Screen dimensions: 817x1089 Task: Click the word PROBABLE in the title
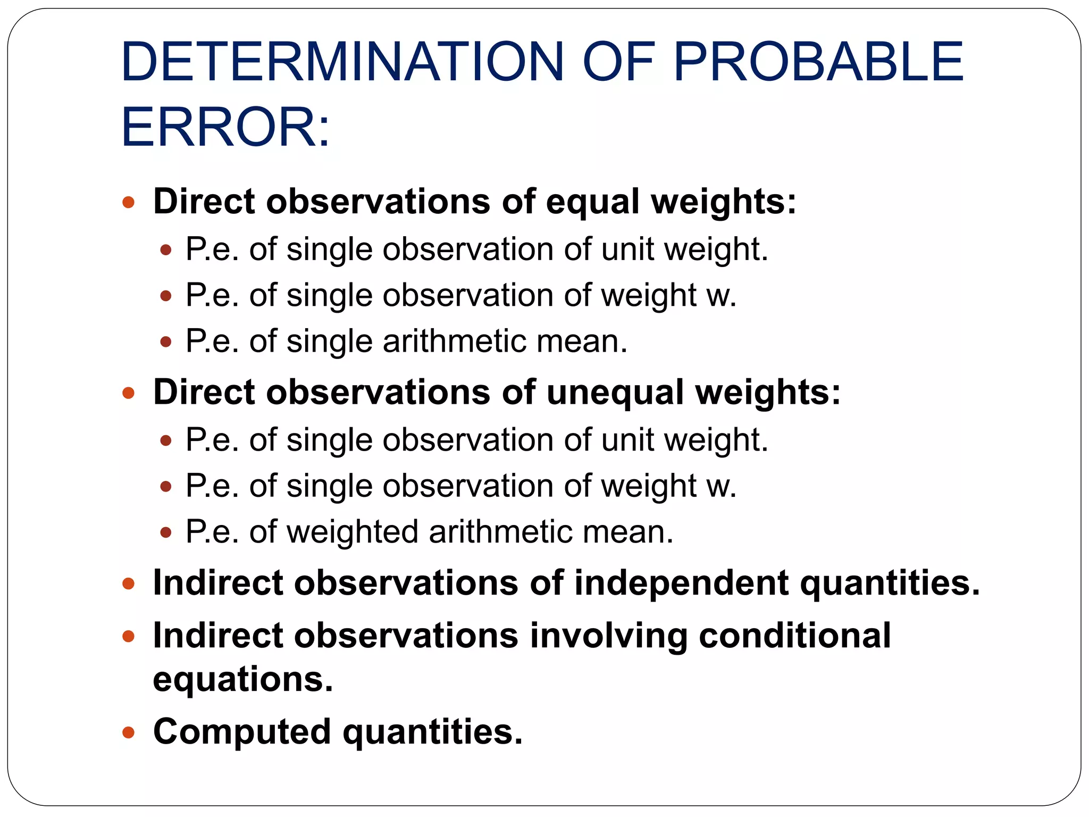click(818, 62)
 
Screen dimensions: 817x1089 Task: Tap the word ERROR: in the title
click(225, 128)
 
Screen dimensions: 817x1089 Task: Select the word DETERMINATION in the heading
click(342, 62)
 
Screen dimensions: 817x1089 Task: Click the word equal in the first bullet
click(593, 202)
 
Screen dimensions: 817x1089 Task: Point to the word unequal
click(615, 393)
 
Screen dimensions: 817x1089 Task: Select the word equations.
click(243, 679)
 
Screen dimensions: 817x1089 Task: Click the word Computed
click(242, 732)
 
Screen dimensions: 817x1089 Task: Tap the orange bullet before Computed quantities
click(128, 733)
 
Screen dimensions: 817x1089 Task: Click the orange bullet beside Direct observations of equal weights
click(128, 203)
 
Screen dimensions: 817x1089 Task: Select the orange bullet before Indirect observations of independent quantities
click(128, 584)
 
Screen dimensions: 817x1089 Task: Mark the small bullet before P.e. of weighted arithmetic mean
click(166, 532)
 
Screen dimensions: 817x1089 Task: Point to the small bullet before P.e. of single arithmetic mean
click(166, 341)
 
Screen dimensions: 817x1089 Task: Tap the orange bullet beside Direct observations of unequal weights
click(128, 393)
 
